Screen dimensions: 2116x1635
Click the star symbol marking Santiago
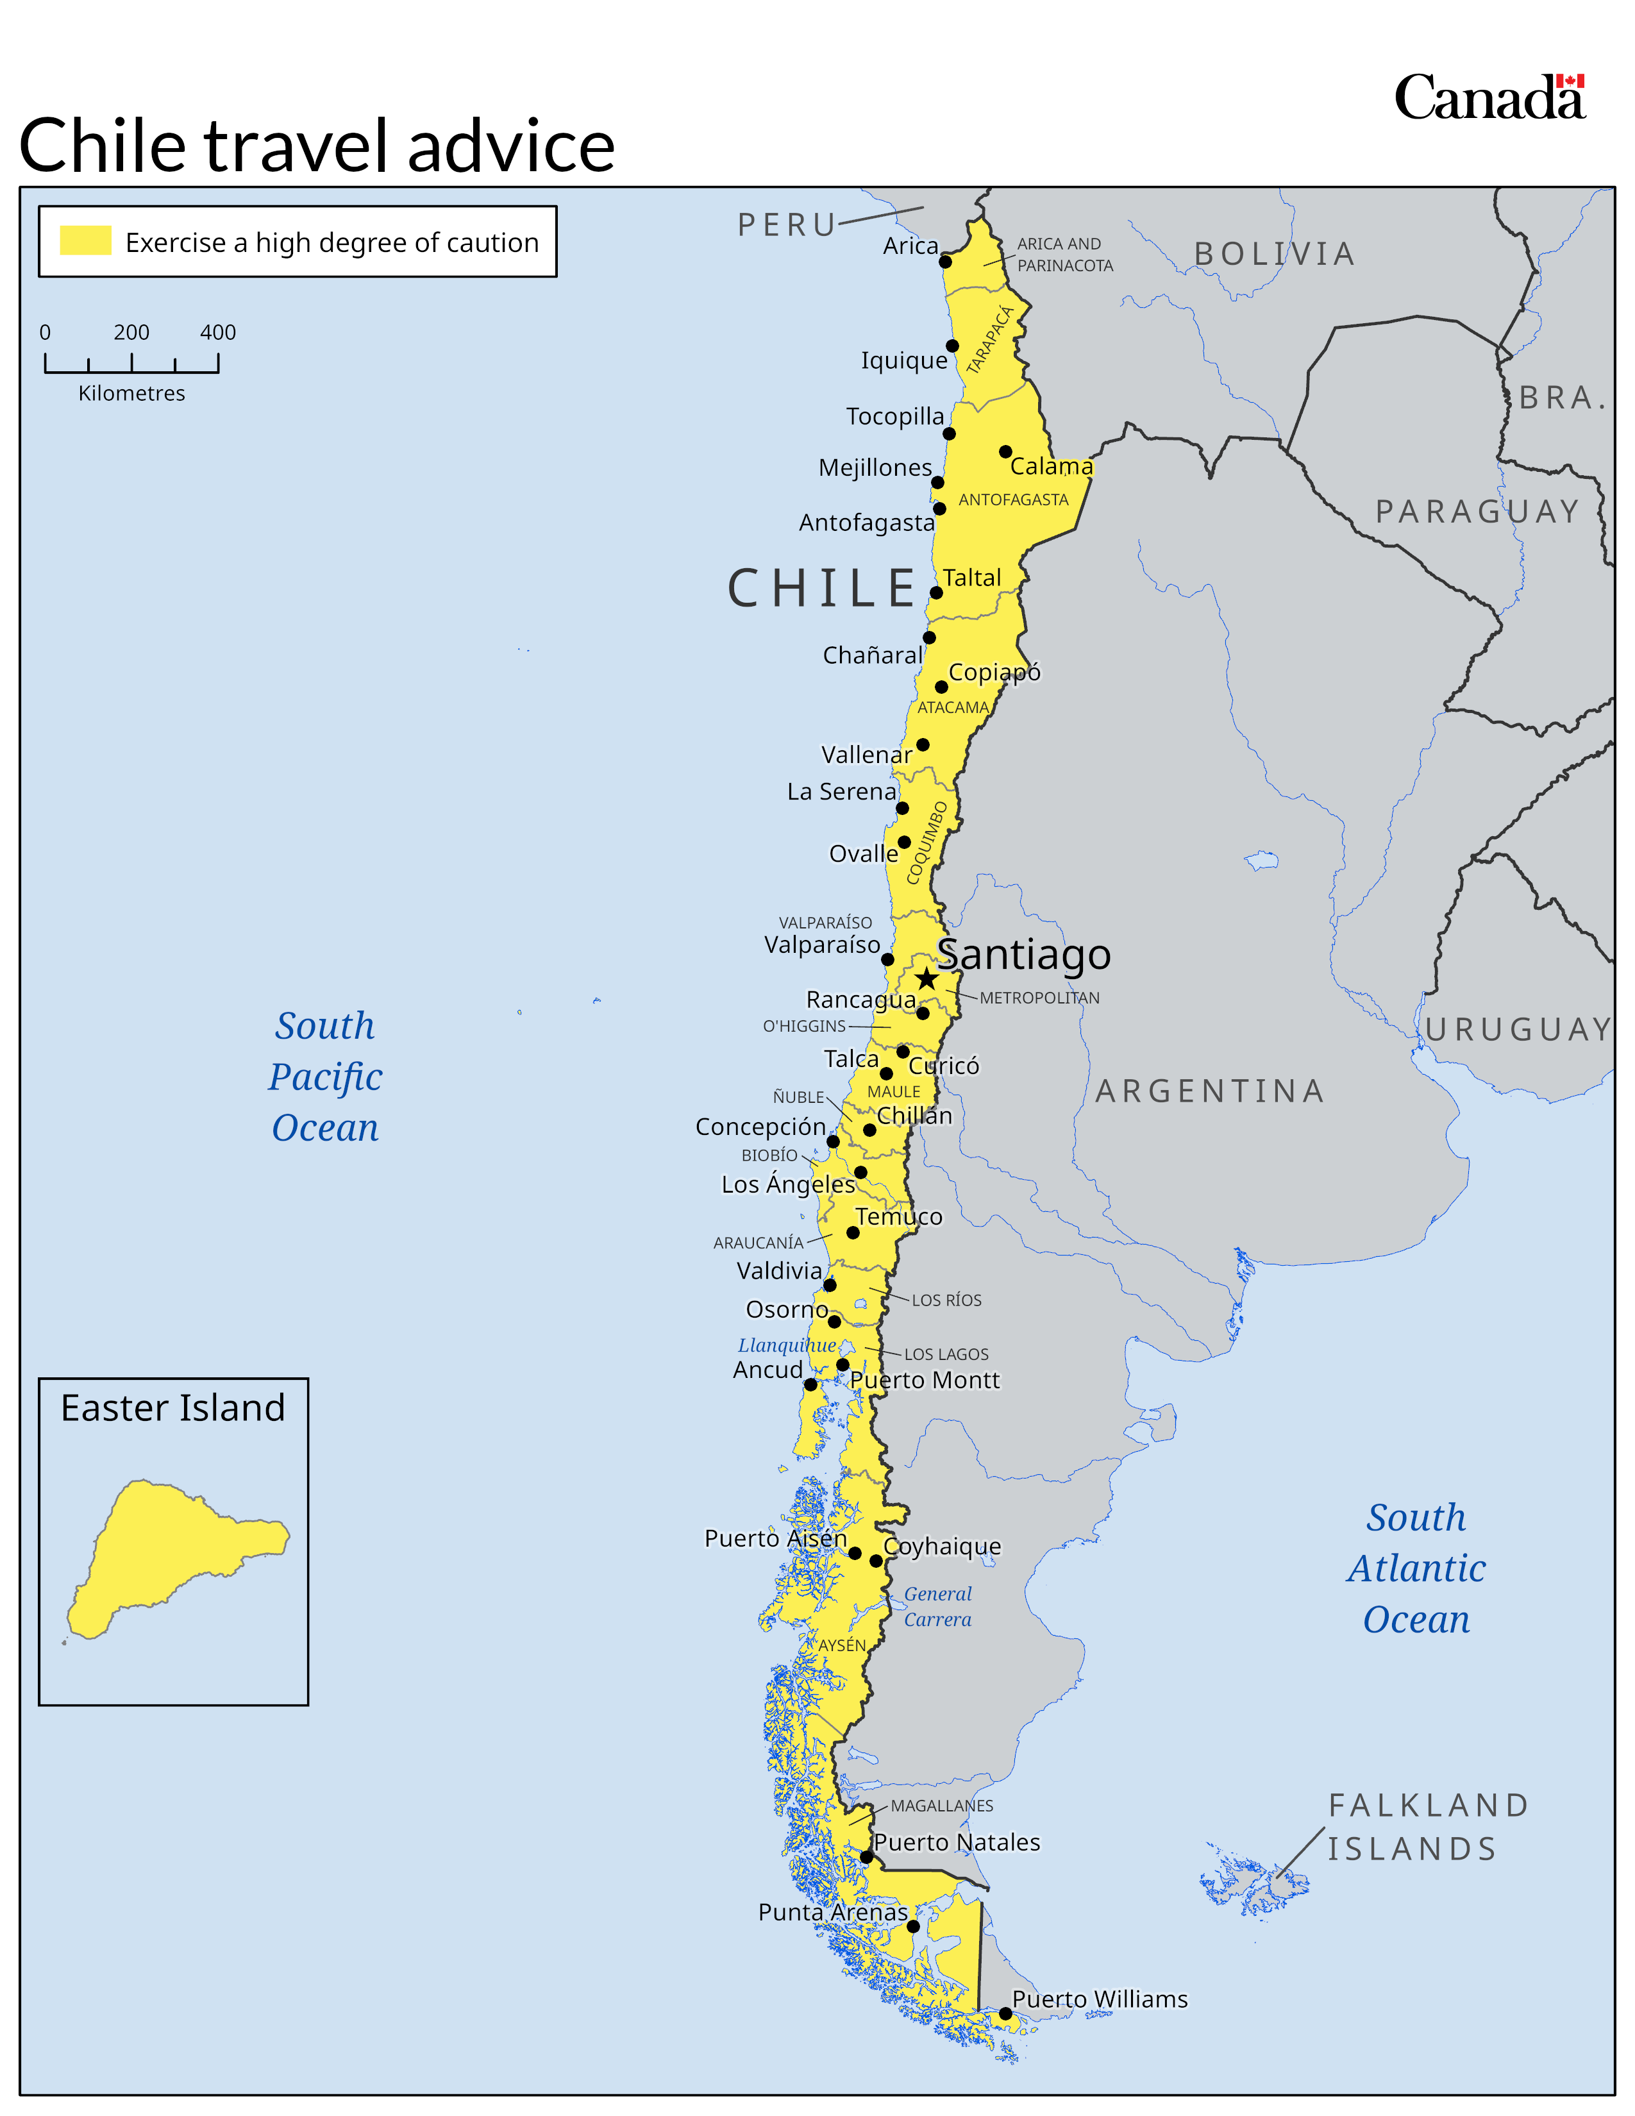[x=927, y=978]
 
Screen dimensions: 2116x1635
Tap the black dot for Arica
[x=945, y=262]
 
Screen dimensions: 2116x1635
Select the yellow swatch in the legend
[x=85, y=240]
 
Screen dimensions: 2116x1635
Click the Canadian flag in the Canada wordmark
[x=1570, y=81]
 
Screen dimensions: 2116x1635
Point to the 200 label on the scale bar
[x=131, y=332]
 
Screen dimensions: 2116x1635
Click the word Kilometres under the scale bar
[x=131, y=393]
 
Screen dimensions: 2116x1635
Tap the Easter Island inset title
[x=172, y=1407]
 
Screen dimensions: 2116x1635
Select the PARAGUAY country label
[x=1478, y=512]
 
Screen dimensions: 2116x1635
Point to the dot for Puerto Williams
[x=1005, y=2013]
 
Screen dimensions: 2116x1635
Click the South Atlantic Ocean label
[x=1416, y=1568]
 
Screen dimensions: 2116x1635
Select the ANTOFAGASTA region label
[x=1013, y=500]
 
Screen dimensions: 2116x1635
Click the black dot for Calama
[x=1005, y=451]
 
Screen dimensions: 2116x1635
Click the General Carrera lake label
[x=937, y=1606]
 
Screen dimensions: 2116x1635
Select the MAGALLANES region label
[x=941, y=1806]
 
